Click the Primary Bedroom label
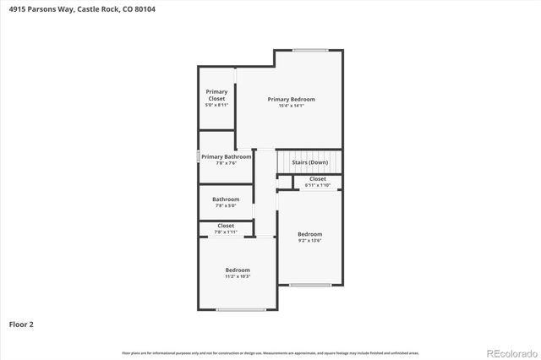(x=291, y=99)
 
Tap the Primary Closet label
(x=217, y=95)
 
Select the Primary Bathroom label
(x=226, y=156)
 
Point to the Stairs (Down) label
(x=309, y=162)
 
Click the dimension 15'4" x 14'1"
(x=291, y=106)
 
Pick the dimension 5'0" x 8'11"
(x=217, y=106)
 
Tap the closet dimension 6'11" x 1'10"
(x=317, y=185)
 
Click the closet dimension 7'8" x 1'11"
(x=226, y=232)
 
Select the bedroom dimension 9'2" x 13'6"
(x=309, y=241)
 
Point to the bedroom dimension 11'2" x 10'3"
(x=238, y=276)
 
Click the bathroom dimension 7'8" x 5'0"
(x=226, y=205)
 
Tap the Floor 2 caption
(x=21, y=324)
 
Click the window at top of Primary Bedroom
(x=310, y=50)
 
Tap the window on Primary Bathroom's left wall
(x=199, y=156)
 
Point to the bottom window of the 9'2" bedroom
(x=310, y=285)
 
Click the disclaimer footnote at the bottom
(x=270, y=352)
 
